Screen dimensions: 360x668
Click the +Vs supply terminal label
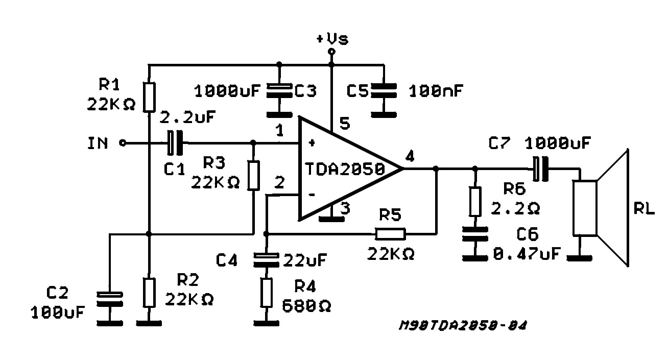click(332, 39)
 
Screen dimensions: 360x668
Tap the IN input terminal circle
click(122, 143)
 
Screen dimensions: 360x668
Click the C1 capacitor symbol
click(174, 143)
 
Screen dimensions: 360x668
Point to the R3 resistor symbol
click(253, 175)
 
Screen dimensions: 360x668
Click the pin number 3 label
click(345, 208)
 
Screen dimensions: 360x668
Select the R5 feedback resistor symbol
click(390, 234)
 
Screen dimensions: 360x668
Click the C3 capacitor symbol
click(279, 91)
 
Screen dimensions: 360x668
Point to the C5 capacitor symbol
click(383, 91)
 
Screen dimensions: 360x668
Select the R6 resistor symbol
click(474, 201)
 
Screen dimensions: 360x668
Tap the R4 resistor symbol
click(266, 292)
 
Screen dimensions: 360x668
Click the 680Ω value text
click(306, 306)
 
